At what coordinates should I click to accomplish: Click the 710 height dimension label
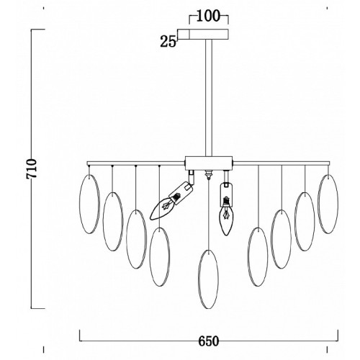(32, 168)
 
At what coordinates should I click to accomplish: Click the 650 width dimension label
(209, 341)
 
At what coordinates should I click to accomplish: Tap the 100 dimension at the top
(208, 17)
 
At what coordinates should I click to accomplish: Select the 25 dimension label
(168, 41)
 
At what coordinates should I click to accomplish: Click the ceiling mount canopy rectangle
(203, 35)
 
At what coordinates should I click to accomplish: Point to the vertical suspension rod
(209, 98)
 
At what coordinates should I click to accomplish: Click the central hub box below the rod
(209, 163)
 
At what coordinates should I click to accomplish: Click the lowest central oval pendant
(209, 279)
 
